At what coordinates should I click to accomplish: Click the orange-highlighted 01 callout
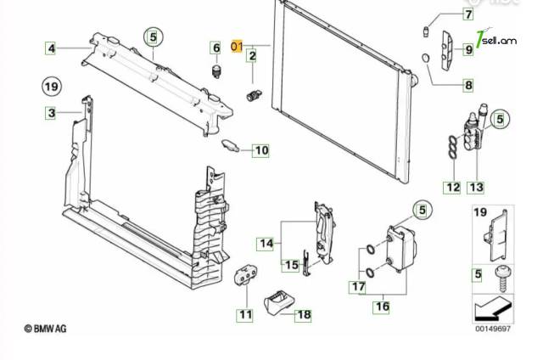pos(237,46)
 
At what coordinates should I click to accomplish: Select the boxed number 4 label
pos(51,48)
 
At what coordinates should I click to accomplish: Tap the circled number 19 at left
pos(52,86)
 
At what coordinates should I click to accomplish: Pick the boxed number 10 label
pos(261,150)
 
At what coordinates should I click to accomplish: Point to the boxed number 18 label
pos(304,315)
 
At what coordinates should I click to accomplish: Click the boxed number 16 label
pos(383,307)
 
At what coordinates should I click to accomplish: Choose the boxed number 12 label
pos(453,188)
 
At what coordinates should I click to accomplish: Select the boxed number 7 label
pos(468,14)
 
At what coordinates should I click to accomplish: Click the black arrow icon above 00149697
pos(492,308)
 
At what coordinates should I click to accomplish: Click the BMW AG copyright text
pos(45,328)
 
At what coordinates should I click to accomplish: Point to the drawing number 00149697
pos(493,328)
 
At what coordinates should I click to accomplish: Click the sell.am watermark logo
pos(496,40)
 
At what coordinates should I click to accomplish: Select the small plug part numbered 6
pos(216,71)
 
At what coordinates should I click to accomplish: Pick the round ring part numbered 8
pos(426,59)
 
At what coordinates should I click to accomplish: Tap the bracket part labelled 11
pos(245,275)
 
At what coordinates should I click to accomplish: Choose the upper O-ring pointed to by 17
pos(370,249)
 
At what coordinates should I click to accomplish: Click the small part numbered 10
pos(231,145)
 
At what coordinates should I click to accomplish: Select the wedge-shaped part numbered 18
pos(279,303)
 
